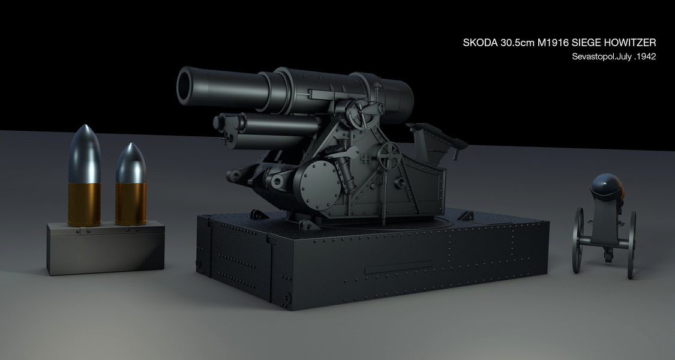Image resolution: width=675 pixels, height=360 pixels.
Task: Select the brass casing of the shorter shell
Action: click(x=130, y=203)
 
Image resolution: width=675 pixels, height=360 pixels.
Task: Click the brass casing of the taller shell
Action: click(x=85, y=204)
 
